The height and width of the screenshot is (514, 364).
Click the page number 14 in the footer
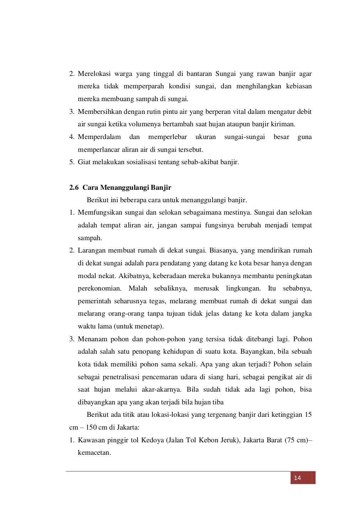[x=298, y=478]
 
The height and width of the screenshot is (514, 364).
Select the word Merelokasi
[x=94, y=74]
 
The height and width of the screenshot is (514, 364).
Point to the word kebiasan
[x=299, y=86]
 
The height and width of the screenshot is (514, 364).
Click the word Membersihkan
[x=100, y=112]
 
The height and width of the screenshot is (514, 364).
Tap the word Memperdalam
[x=99, y=137]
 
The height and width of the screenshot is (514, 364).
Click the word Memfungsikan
[x=100, y=212]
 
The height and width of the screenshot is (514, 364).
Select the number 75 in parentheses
[x=290, y=440]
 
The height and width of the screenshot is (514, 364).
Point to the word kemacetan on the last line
[x=94, y=453]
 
